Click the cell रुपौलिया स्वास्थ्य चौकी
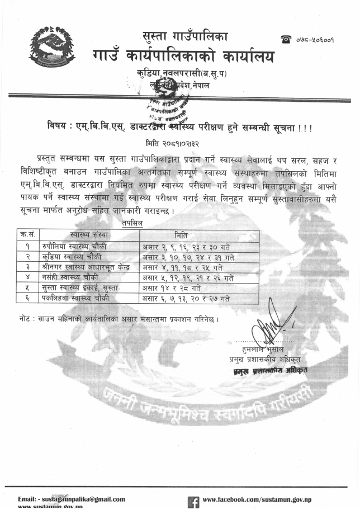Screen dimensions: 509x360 (74, 247)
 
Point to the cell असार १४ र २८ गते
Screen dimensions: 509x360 (169, 288)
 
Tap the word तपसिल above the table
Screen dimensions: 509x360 (132, 223)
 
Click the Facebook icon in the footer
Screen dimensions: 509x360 (193, 501)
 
